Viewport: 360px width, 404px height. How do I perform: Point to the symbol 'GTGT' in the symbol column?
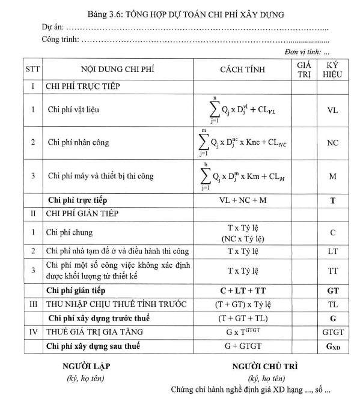click(x=332, y=332)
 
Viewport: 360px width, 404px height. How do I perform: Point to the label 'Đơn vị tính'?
click(x=302, y=53)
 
